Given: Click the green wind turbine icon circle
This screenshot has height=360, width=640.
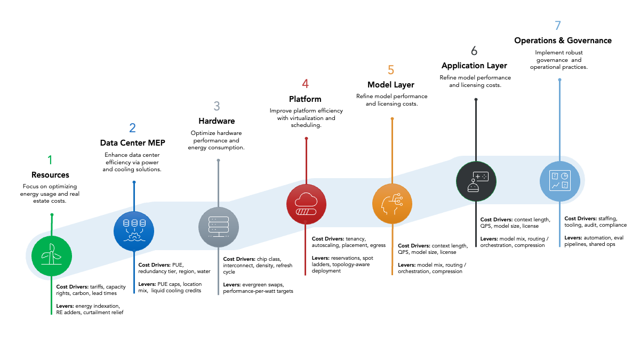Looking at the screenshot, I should point(52,255).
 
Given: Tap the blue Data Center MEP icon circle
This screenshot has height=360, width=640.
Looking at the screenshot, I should point(134,231).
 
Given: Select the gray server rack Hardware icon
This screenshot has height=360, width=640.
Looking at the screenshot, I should point(218,227).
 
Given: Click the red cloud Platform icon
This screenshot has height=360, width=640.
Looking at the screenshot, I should point(306,203).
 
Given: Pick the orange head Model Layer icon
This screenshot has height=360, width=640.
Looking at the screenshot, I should point(392,203).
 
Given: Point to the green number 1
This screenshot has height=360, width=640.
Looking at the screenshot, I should point(50,159).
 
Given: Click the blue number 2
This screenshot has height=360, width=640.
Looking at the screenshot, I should point(132,128).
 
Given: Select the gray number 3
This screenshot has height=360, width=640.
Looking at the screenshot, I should point(217,106).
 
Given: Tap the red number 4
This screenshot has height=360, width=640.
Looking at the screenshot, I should point(305,84).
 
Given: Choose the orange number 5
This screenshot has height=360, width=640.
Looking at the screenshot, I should point(391,70).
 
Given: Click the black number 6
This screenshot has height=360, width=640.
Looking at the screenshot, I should point(474,51).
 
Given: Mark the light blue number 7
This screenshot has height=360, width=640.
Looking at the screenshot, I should point(558,26).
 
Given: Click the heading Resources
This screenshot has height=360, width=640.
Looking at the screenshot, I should point(50,175).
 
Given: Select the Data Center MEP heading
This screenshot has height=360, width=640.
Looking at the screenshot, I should point(133,143).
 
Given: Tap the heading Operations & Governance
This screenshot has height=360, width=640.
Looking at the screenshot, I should point(563,41).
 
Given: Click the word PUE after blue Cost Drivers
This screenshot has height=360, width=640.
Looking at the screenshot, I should point(178,265).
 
